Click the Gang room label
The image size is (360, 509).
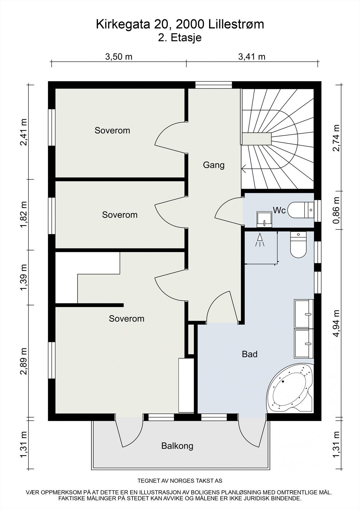pyautogui.click(x=214, y=165)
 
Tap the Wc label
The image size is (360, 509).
pyautogui.click(x=279, y=210)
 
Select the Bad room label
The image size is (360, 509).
pyautogui.click(x=250, y=354)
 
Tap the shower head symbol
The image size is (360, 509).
pyautogui.click(x=260, y=240)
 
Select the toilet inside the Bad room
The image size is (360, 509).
pyautogui.click(x=298, y=245)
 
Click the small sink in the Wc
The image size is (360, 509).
pyautogui.click(x=264, y=220)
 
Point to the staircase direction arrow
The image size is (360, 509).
pyautogui.click(x=244, y=169)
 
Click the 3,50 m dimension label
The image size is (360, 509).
pyautogui.click(x=119, y=57)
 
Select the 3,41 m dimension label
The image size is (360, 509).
pyautogui.click(x=252, y=57)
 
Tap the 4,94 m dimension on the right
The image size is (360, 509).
pyautogui.click(x=336, y=324)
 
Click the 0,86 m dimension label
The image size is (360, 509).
pyautogui.click(x=336, y=210)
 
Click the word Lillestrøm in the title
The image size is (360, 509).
pyautogui.click(x=236, y=24)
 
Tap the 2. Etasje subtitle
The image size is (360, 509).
pyautogui.click(x=180, y=38)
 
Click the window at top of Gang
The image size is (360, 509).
pyautogui.click(x=214, y=85)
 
